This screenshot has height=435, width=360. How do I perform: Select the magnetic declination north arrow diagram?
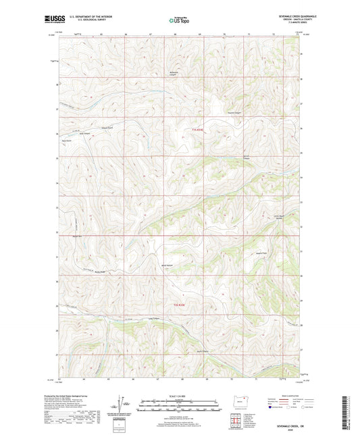click(x=124, y=405)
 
